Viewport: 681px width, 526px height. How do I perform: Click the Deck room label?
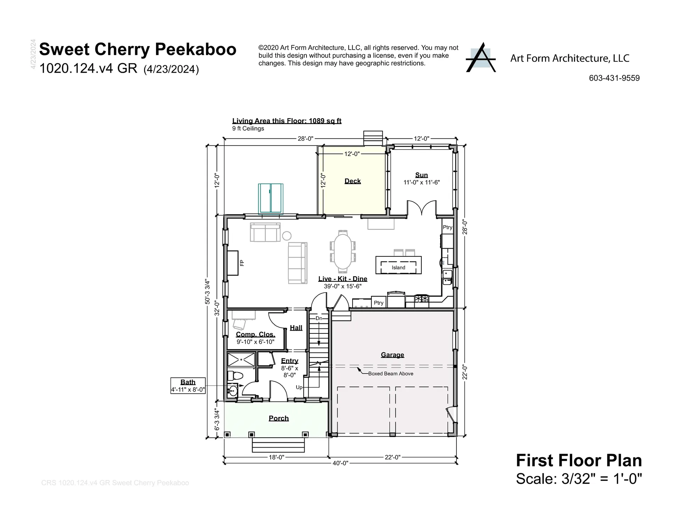pyautogui.click(x=353, y=181)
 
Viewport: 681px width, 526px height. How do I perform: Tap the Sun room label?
pyautogui.click(x=421, y=175)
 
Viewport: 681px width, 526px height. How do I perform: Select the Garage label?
pyautogui.click(x=392, y=355)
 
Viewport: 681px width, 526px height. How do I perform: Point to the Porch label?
pyautogui.click(x=279, y=418)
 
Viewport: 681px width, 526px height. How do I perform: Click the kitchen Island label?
pyautogui.click(x=398, y=267)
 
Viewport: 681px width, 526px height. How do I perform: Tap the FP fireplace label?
pyautogui.click(x=242, y=263)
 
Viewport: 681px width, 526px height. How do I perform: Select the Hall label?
pyautogui.click(x=296, y=328)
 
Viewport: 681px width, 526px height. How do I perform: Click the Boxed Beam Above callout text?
pyautogui.click(x=391, y=373)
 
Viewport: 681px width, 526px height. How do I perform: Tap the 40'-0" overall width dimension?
pyautogui.click(x=341, y=463)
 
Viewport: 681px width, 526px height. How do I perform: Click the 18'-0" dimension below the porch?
pyautogui.click(x=276, y=457)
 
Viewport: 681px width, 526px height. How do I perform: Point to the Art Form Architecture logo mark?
pyautogui.click(x=481, y=57)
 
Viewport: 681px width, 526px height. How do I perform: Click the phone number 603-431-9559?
pyautogui.click(x=614, y=78)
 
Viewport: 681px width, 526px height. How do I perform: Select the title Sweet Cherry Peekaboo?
pyautogui.click(x=138, y=49)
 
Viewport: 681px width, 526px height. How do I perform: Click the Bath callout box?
pyautogui.click(x=188, y=386)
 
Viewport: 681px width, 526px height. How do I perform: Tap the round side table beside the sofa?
pyautogui.click(x=287, y=236)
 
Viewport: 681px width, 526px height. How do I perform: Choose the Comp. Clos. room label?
pyautogui.click(x=255, y=334)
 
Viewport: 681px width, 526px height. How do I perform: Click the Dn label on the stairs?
pyautogui.click(x=319, y=318)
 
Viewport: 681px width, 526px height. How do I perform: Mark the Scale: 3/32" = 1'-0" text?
pyautogui.click(x=579, y=479)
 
